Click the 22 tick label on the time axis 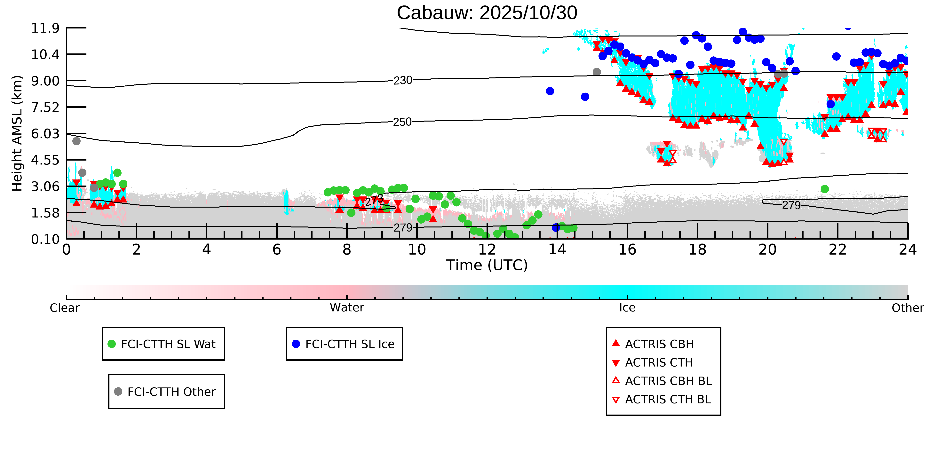click(837, 250)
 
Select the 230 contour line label click(403, 80)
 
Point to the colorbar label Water click(347, 308)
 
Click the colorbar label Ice click(627, 308)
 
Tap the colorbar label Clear click(65, 308)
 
